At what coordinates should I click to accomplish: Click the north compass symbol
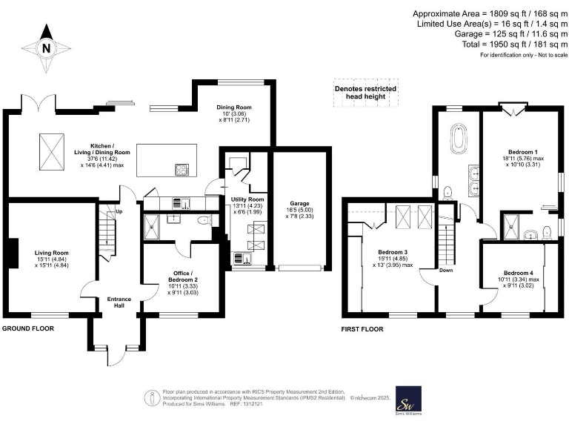47,48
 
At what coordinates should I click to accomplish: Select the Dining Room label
234,107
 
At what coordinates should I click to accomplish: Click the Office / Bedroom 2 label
181,273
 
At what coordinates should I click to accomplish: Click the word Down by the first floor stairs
447,270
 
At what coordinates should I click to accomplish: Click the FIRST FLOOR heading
362,328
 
